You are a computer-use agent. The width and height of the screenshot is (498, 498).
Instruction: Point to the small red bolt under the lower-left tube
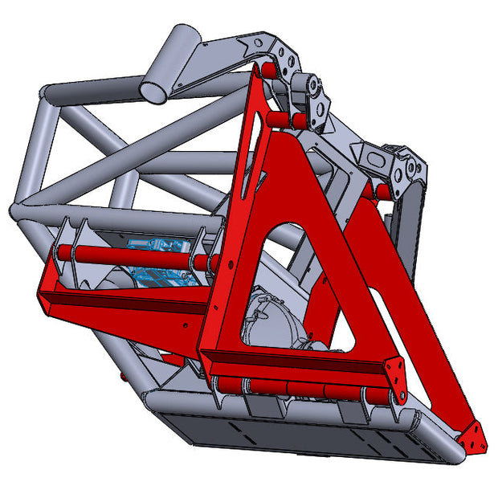pyautogui.click(x=123, y=376)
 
